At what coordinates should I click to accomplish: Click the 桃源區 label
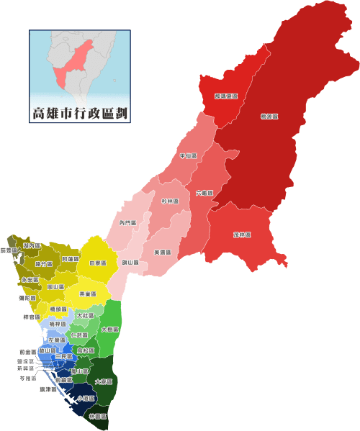pyautogui.click(x=269, y=115)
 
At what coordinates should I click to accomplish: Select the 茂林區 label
pyautogui.click(x=242, y=235)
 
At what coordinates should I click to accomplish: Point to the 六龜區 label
pyautogui.click(x=204, y=193)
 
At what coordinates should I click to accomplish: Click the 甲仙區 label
pyautogui.click(x=188, y=155)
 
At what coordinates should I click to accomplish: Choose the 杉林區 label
pyautogui.click(x=170, y=201)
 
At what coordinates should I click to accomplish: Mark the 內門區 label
pyautogui.click(x=128, y=223)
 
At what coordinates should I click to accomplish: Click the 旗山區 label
pyautogui.click(x=130, y=262)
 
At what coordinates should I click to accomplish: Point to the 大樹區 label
pyautogui.click(x=110, y=329)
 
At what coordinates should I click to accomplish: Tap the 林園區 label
pyautogui.click(x=97, y=417)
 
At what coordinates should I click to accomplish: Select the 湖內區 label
pyautogui.click(x=32, y=246)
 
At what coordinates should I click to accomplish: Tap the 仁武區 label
pyautogui.click(x=79, y=335)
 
